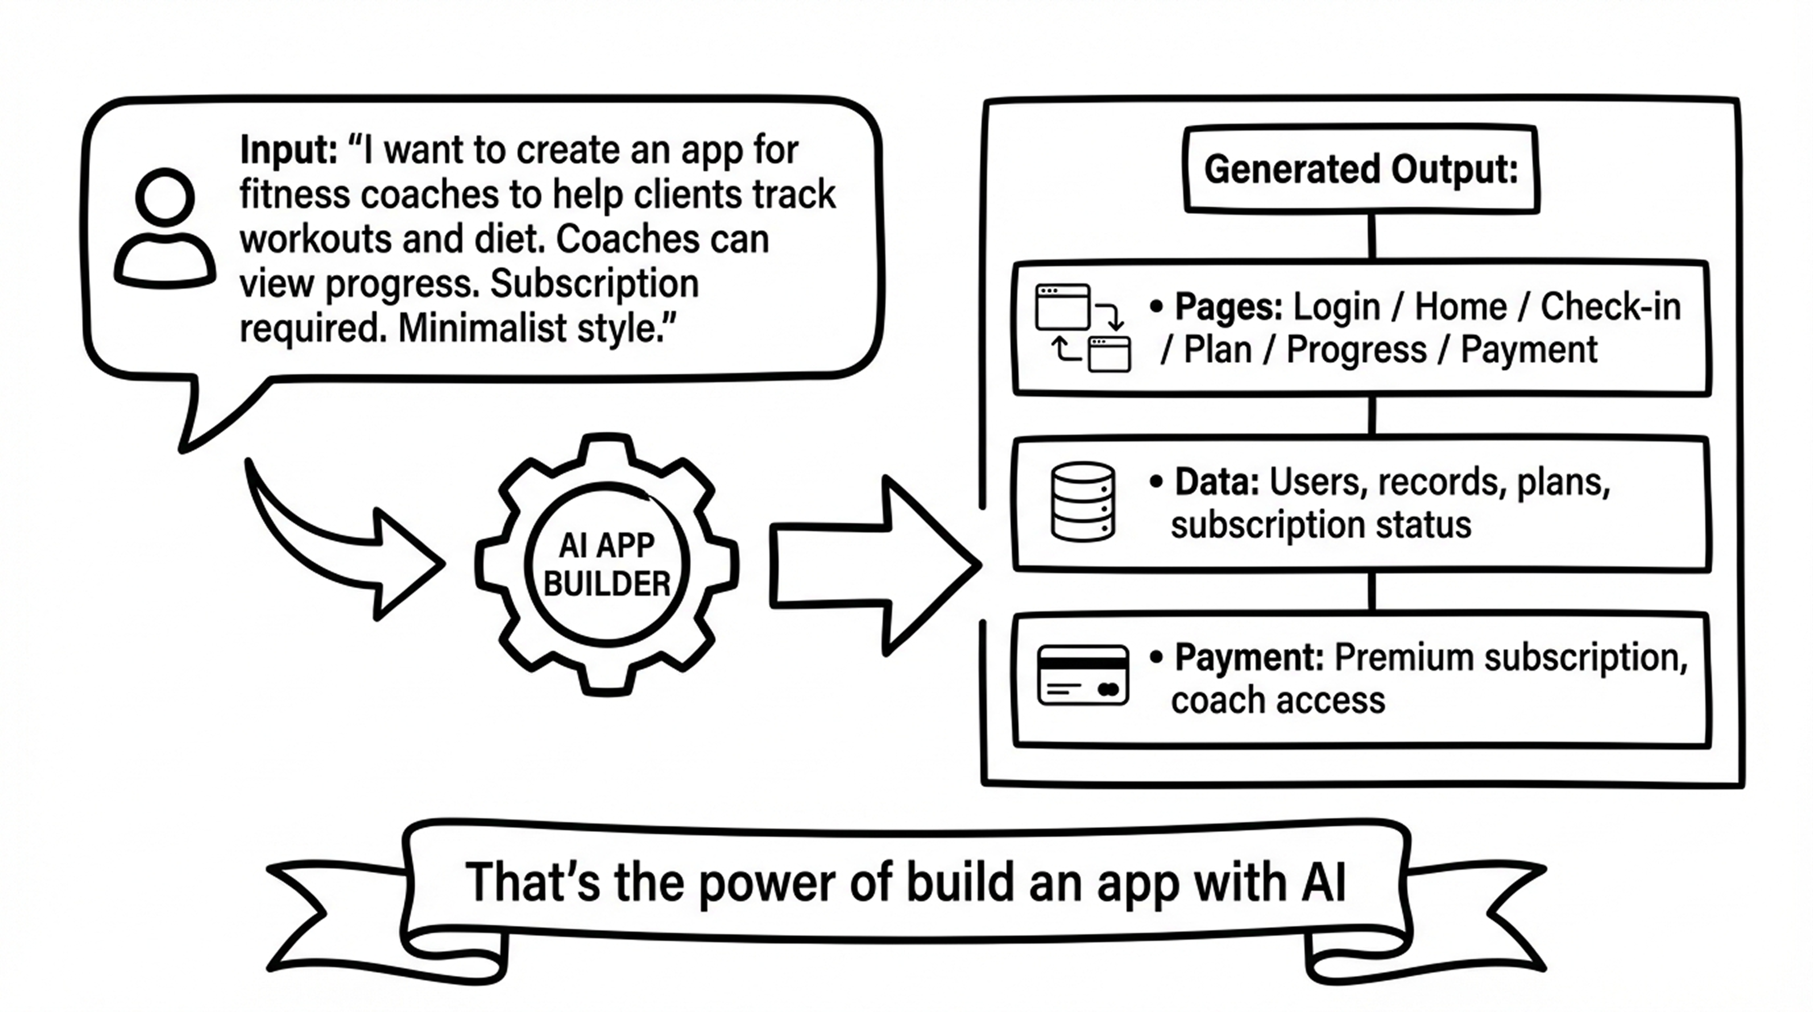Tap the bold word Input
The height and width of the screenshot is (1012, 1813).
click(288, 150)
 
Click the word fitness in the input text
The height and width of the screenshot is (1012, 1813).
click(295, 195)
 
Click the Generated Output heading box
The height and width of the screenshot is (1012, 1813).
click(1360, 170)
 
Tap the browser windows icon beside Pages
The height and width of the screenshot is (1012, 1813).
click(1083, 328)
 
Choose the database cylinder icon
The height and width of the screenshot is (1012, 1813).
click(1083, 501)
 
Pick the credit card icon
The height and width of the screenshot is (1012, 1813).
click(1083, 675)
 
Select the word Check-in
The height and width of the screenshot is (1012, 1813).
click(1611, 307)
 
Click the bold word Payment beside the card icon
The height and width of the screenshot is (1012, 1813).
click(1249, 658)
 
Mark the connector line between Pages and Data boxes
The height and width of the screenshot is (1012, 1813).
click(1372, 416)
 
